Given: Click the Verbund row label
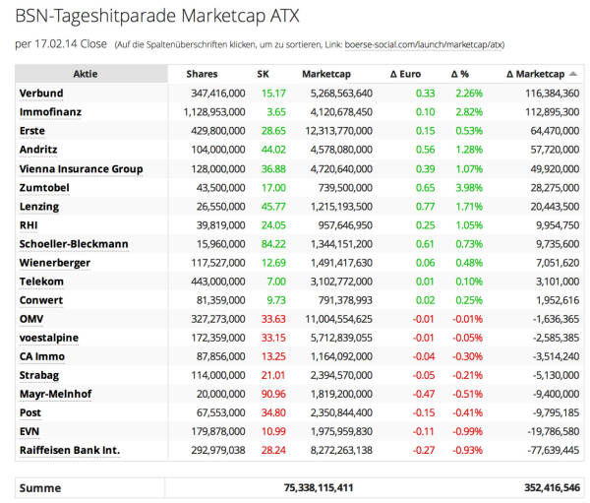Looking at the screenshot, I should (x=41, y=94).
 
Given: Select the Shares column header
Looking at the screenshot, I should (x=202, y=74).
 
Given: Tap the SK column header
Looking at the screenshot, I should (x=263, y=74).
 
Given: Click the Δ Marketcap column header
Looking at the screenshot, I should (x=535, y=74).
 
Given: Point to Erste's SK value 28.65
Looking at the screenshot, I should (x=273, y=131).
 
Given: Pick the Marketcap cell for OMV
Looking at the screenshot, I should (x=337, y=319).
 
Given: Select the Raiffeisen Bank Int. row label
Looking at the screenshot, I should (x=69, y=450).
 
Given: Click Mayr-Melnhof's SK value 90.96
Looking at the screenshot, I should (x=273, y=394).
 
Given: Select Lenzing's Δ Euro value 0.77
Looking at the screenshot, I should (x=425, y=207).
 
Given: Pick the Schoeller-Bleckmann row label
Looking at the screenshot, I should (x=74, y=244).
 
